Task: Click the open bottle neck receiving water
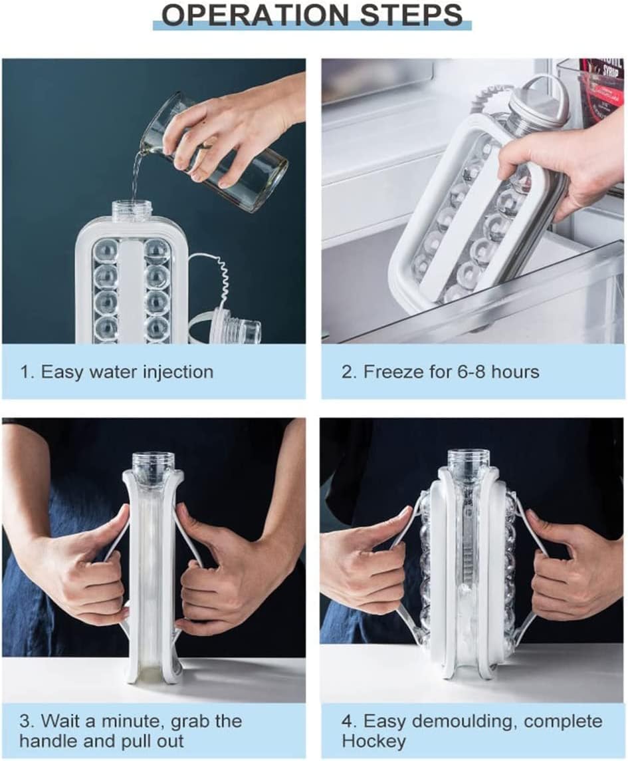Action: pos(130,212)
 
